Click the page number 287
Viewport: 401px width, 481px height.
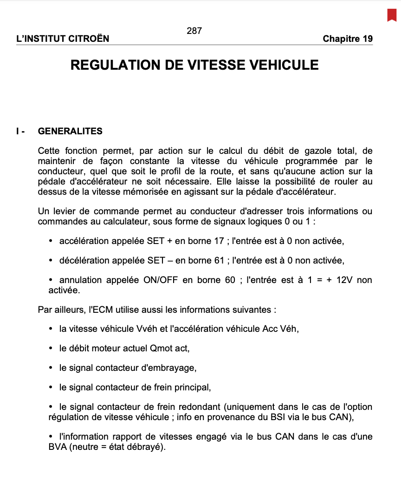[194, 31]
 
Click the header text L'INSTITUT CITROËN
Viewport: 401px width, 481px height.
[63, 39]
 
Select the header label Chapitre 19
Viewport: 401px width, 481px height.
[348, 39]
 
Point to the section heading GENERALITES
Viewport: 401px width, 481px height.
[70, 132]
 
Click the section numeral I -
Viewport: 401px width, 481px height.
[20, 132]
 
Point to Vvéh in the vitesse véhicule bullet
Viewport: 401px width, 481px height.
[148, 329]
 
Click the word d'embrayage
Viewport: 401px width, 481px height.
[172, 368]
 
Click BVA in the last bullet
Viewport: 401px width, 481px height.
[57, 447]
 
